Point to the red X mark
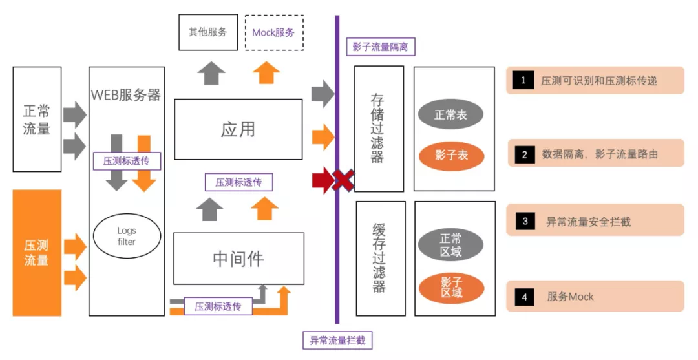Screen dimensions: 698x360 tap(344, 180)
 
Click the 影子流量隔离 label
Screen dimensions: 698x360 tap(381, 47)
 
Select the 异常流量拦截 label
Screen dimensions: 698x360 tap(337, 341)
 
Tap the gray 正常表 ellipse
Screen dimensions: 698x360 tap(450, 115)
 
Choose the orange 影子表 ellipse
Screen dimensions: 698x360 tap(451, 155)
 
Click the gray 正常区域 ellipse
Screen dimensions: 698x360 tap(450, 245)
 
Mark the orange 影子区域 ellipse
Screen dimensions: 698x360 tap(451, 288)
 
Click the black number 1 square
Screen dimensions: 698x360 tap(523, 80)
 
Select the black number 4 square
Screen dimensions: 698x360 tap(524, 297)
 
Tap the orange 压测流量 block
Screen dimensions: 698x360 tap(37, 253)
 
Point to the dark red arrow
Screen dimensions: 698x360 tap(323, 180)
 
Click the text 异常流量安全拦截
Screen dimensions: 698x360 tap(588, 222)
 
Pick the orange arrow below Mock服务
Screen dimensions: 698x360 tap(266, 72)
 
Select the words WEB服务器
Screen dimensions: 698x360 tap(126, 95)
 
